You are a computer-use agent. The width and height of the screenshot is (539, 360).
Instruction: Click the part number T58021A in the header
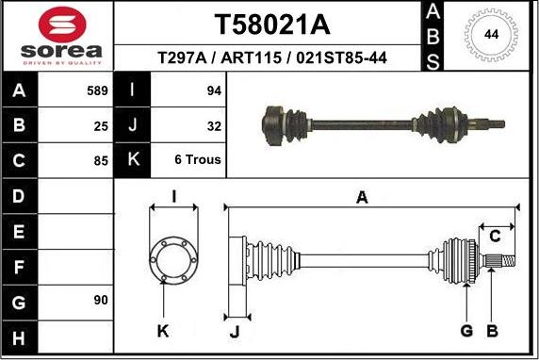click(266, 23)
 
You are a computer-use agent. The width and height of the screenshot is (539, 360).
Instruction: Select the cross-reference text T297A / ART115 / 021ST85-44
click(266, 58)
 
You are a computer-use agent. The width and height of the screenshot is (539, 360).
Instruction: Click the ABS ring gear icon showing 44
click(490, 35)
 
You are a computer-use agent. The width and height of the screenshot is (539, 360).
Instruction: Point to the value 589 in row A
click(97, 90)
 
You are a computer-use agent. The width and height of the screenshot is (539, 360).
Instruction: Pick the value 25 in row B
click(101, 124)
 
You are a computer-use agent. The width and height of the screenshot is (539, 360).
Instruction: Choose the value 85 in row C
click(101, 159)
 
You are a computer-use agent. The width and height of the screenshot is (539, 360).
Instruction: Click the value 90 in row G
click(101, 300)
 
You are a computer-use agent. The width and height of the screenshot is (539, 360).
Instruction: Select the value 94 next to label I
click(213, 90)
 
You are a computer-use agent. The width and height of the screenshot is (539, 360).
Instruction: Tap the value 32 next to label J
click(213, 124)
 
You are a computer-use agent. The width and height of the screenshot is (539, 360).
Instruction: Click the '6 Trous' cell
click(198, 159)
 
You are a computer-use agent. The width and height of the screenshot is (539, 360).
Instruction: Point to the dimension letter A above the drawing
click(361, 197)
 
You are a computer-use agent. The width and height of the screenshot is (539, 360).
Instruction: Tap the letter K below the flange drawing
click(163, 330)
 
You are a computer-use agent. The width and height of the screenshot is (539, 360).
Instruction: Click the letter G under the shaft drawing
click(465, 330)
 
